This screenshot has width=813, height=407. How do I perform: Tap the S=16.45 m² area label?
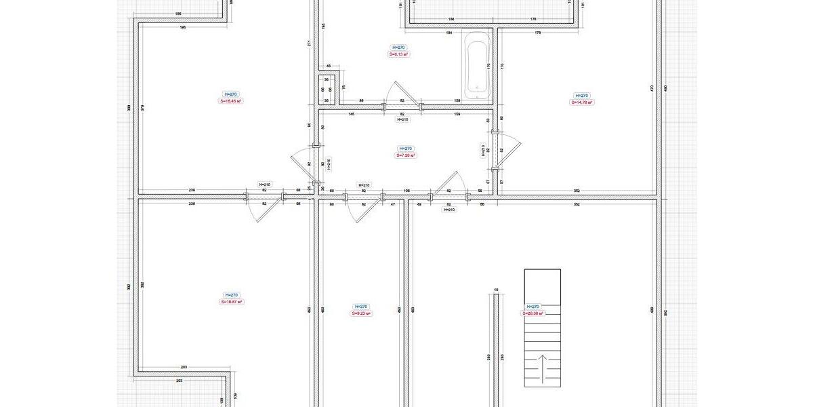[231, 101]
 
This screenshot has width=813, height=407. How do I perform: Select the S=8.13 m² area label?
[399, 54]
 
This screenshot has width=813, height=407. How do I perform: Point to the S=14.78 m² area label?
[581, 102]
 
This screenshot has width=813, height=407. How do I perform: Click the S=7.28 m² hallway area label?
[406, 155]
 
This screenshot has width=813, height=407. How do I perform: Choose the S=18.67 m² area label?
[231, 302]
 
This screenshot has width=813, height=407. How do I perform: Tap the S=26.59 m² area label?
[533, 313]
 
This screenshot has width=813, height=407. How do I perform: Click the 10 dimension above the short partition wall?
[496, 290]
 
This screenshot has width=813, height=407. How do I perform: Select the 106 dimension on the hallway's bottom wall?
[407, 191]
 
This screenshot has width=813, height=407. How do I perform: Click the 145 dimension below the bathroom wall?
[352, 114]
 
